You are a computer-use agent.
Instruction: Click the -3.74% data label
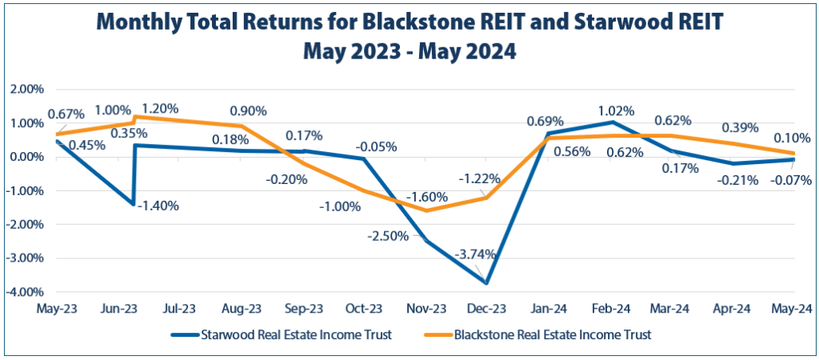click(475, 254)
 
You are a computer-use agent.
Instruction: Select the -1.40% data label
click(158, 206)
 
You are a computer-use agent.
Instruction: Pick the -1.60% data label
click(428, 197)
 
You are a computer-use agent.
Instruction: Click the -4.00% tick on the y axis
click(26, 292)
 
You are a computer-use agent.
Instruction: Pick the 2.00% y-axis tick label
click(27, 89)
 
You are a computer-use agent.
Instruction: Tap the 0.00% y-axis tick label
click(27, 157)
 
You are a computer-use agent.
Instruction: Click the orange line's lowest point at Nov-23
click(426, 211)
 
